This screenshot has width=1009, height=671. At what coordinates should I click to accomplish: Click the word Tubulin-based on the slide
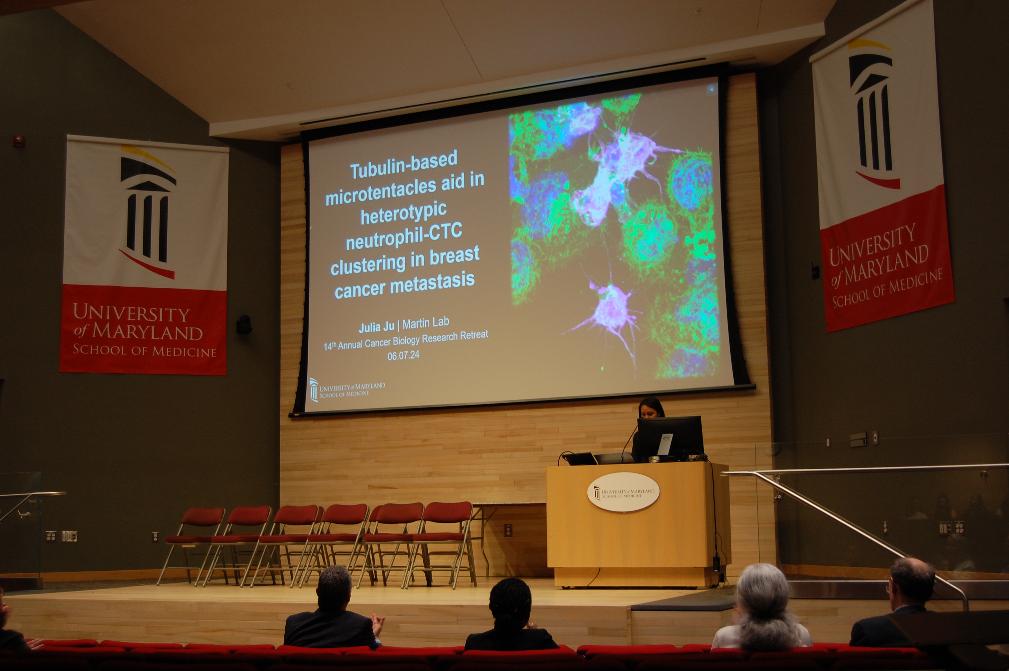click(x=404, y=165)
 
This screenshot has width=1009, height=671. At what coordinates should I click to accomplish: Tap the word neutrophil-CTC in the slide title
click(x=404, y=237)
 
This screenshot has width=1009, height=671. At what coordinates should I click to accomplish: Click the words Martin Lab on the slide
click(x=426, y=323)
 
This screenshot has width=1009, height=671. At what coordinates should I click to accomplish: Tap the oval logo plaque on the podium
click(x=623, y=492)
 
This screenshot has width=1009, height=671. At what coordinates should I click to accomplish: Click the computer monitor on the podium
click(x=670, y=438)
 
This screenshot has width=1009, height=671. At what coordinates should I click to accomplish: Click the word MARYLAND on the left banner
click(x=148, y=332)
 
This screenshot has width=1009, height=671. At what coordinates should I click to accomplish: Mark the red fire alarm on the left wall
click(x=18, y=141)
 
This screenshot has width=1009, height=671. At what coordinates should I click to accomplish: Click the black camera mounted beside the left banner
click(x=244, y=325)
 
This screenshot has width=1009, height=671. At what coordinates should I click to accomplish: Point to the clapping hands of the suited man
click(x=378, y=625)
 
